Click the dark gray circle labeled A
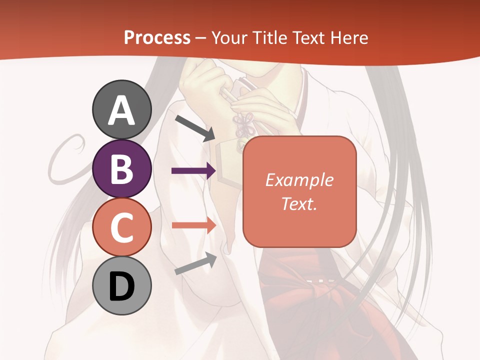pos(122,109)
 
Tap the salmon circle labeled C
pos(122,227)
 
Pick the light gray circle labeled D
pos(122,286)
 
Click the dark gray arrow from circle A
pos(195,128)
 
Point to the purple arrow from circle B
pos(193,171)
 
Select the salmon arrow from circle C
pos(193,225)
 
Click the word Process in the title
pos(157,38)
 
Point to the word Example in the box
pos(299,180)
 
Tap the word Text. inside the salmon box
pos(299,203)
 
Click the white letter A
pos(122,111)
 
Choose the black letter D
pos(122,287)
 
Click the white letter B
pos(122,169)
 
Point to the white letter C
pos(122,228)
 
